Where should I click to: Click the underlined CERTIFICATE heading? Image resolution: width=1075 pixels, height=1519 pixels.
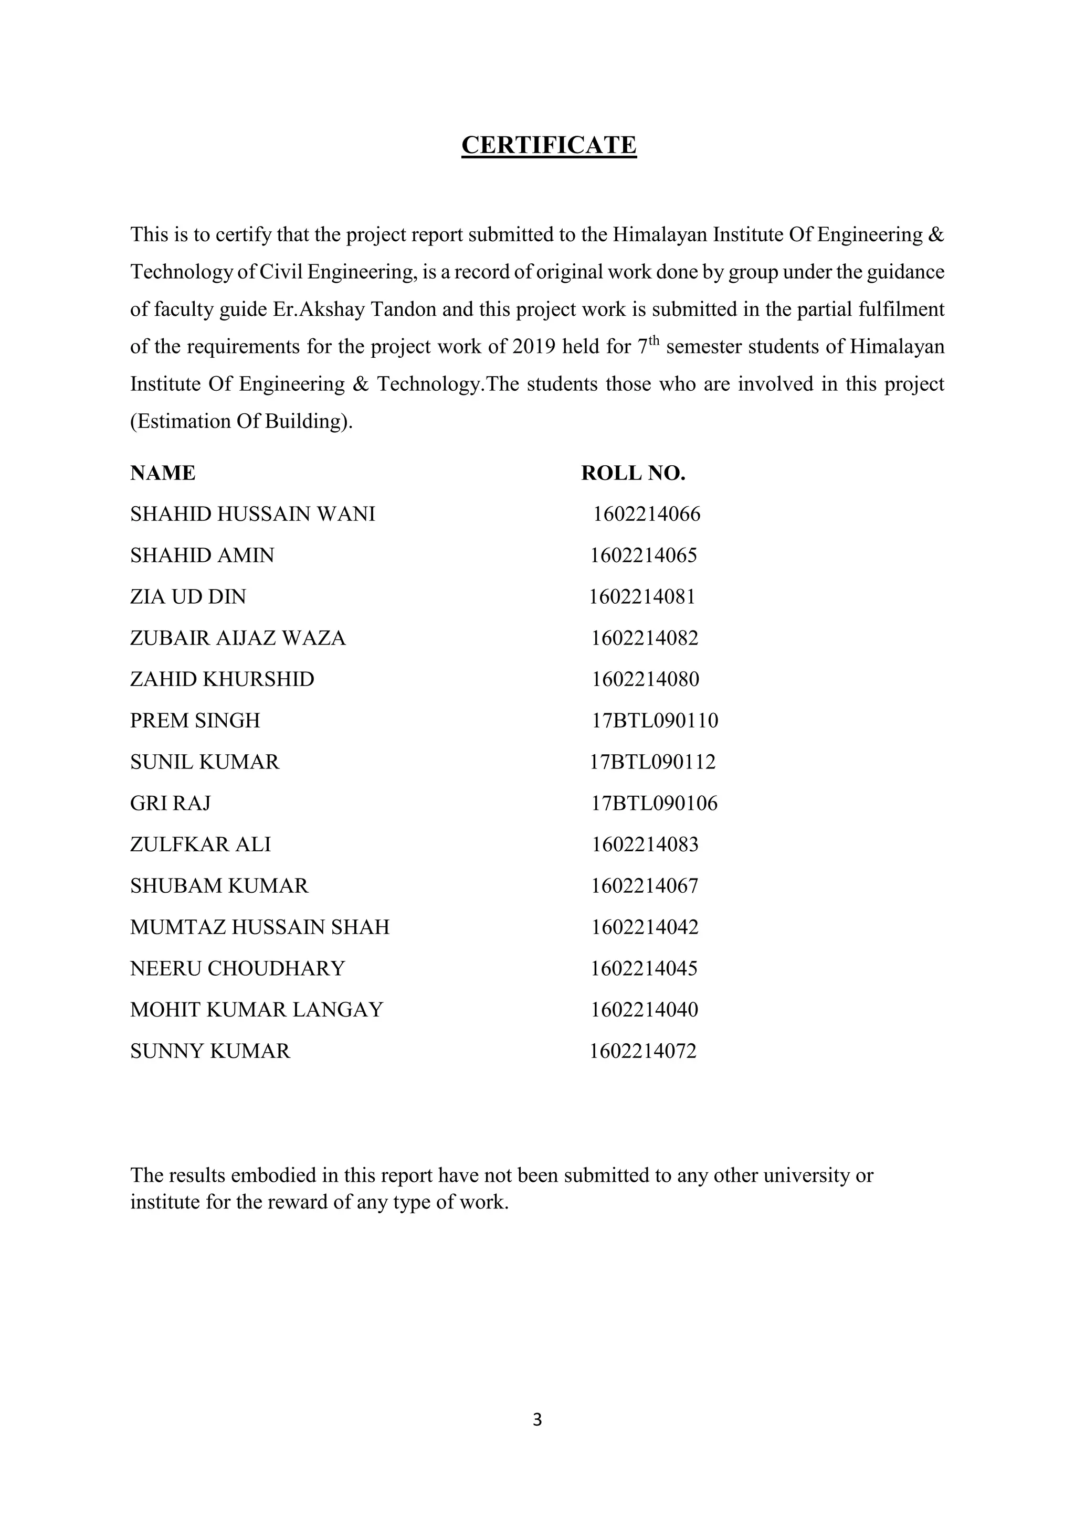(x=549, y=145)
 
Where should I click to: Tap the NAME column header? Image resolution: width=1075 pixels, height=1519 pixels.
(x=163, y=473)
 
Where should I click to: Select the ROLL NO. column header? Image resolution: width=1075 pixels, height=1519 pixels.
(x=633, y=473)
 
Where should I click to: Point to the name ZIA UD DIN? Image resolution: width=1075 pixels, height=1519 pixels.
(x=188, y=597)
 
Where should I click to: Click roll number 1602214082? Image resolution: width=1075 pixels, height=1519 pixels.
(x=645, y=638)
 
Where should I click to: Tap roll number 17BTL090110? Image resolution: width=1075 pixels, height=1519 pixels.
(x=655, y=721)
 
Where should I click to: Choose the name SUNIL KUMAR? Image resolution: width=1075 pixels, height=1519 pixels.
(x=205, y=762)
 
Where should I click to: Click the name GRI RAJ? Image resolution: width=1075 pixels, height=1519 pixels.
(x=170, y=803)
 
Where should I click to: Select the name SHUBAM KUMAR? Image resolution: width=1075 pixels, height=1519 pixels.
(x=219, y=886)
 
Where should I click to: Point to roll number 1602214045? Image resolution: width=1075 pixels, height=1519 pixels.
(x=644, y=969)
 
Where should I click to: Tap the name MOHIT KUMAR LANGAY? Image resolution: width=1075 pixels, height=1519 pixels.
(x=256, y=1010)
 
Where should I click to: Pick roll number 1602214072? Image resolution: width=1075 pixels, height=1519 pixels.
(x=643, y=1051)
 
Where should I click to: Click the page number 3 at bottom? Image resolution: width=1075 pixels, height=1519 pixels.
(x=537, y=1419)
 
